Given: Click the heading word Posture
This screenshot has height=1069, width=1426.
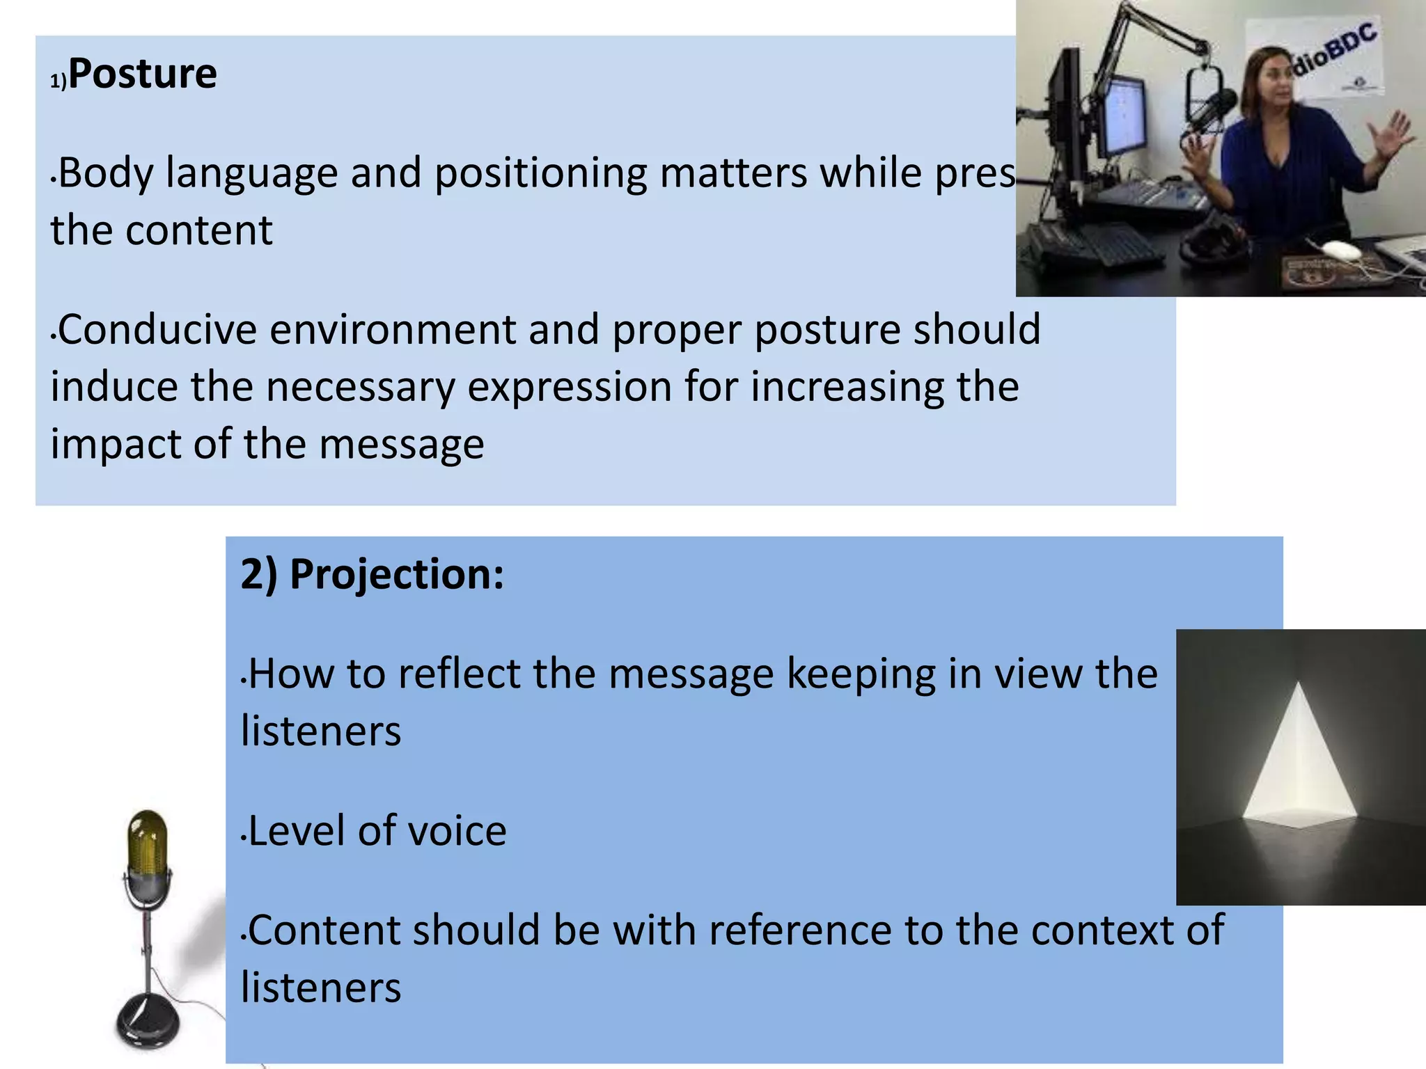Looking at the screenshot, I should [143, 74].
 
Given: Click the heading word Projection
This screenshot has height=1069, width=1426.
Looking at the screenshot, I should [395, 575].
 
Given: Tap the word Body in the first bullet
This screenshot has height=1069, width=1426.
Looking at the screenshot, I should [105, 173].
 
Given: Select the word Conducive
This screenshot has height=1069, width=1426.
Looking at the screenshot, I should [157, 329].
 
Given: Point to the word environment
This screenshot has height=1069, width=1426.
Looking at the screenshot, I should [393, 329].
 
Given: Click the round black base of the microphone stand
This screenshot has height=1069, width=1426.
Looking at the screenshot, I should [148, 1023].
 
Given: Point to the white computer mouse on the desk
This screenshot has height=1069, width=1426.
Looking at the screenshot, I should [1341, 249].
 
